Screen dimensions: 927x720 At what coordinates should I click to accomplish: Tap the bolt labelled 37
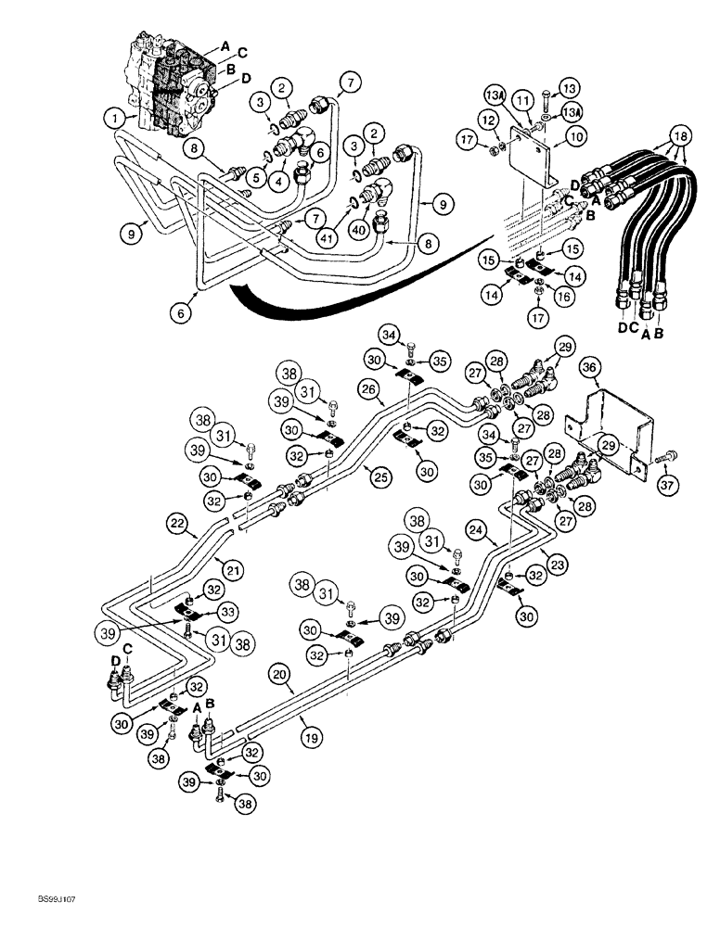click(x=668, y=455)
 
